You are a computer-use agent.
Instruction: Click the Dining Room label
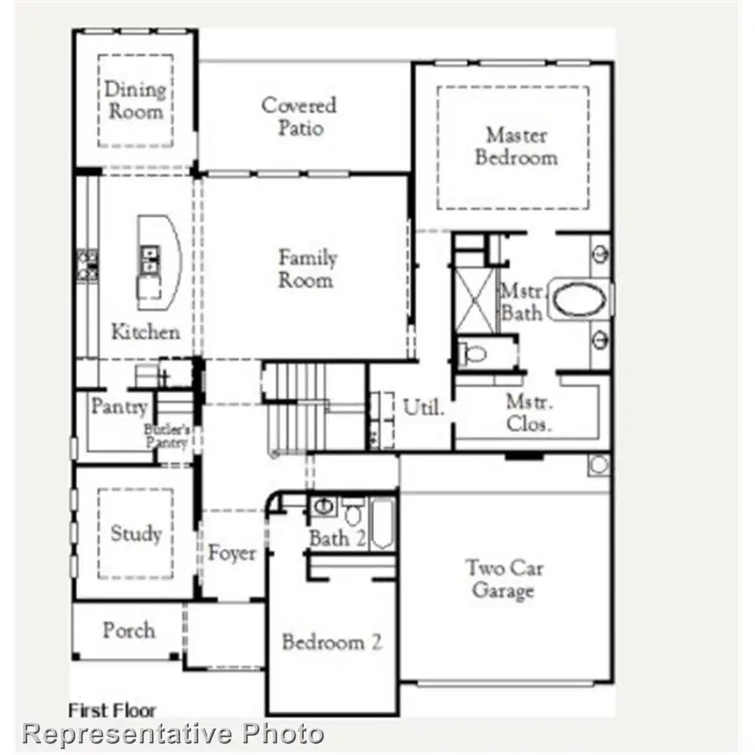click(134, 100)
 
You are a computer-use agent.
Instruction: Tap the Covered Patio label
click(299, 117)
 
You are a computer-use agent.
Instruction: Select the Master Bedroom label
click(516, 146)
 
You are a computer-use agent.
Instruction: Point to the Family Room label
click(307, 268)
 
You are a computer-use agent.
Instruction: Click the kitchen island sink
click(150, 259)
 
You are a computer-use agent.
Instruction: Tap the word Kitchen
click(145, 331)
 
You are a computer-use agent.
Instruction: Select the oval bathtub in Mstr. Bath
click(579, 300)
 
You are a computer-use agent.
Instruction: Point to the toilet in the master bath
click(474, 353)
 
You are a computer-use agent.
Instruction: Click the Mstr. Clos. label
click(528, 413)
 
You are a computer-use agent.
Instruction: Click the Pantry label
click(119, 408)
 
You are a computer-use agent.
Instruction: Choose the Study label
click(136, 534)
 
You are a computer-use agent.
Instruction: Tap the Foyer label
click(232, 554)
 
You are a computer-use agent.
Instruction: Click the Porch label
click(128, 630)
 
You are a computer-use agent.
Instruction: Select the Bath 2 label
click(337, 539)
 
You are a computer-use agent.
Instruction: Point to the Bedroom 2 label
click(332, 643)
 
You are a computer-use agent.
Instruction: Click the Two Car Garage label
click(505, 580)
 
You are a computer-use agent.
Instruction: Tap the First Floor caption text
click(112, 710)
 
